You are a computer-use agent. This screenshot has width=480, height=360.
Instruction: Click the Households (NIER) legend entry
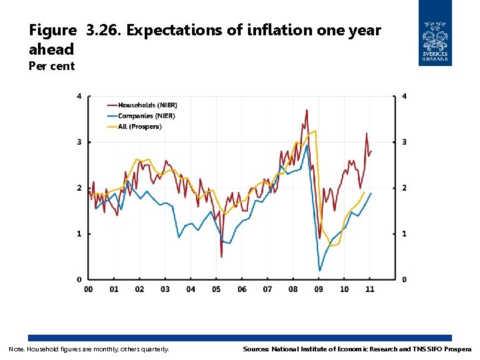[147, 105]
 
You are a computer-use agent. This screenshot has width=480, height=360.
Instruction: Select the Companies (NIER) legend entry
[146, 116]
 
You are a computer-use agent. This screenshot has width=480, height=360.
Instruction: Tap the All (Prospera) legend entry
[139, 127]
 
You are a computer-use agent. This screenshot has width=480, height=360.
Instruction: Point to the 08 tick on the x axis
[293, 289]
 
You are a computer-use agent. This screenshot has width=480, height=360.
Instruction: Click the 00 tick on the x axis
[89, 289]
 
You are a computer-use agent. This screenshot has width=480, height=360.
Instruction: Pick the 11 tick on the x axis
[370, 289]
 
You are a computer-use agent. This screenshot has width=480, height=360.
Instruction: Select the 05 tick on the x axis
[217, 289]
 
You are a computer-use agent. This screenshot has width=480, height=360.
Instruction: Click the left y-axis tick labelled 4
[79, 97]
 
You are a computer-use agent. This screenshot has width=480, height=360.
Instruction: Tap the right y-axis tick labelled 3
[404, 142]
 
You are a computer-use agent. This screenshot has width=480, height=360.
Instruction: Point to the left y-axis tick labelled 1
[79, 234]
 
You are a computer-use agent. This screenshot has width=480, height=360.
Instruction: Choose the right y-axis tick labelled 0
[404, 279]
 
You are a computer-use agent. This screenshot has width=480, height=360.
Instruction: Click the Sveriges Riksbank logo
[435, 33]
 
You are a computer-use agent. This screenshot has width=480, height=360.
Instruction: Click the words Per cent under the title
[52, 66]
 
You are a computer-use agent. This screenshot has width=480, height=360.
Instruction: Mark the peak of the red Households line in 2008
[307, 110]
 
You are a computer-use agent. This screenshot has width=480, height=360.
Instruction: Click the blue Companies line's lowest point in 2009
[320, 270]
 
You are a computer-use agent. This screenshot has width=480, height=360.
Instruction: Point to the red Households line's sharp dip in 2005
[221, 257]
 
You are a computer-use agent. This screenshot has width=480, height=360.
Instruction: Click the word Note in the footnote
[15, 349]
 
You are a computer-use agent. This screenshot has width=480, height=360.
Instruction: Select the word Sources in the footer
[255, 349]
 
